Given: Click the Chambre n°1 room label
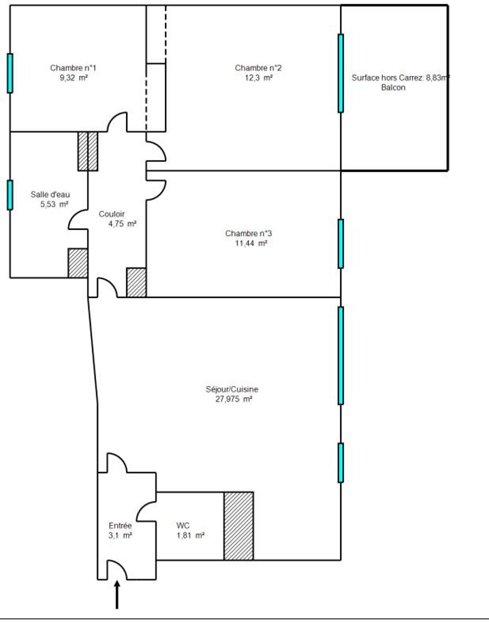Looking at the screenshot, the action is tap(73, 68).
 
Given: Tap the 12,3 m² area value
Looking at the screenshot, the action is tap(258, 78).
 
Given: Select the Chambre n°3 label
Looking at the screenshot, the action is tap(248, 233).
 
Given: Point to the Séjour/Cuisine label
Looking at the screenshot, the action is tap(232, 389).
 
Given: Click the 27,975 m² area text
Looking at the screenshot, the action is tap(234, 399).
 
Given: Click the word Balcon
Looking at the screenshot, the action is tap(393, 88).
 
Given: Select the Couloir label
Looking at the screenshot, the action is tap(111, 214).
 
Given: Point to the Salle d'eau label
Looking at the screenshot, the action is tap(50, 195).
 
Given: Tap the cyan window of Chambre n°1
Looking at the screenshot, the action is tap(10, 73).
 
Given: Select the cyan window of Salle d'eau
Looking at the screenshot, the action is tap(10, 195).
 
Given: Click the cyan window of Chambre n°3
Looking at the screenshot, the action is tap(341, 244).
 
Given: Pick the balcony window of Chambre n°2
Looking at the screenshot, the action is tap(341, 73).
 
